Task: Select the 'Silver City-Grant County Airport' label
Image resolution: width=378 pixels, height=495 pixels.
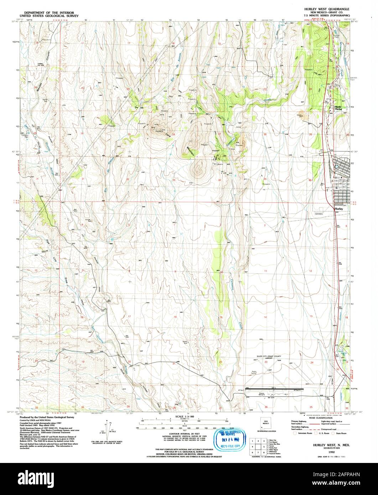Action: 269,357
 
